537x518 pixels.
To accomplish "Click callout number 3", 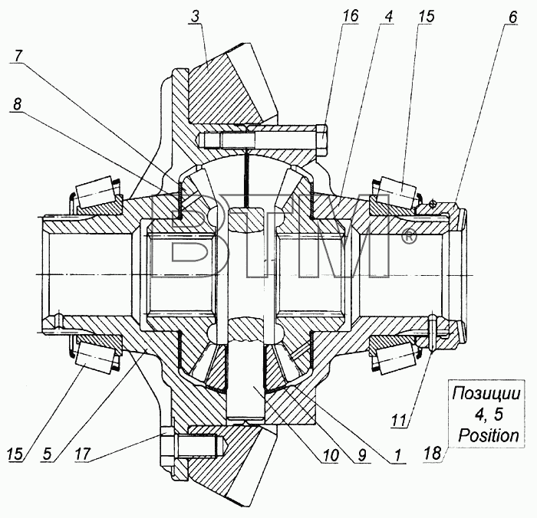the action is (x=195, y=17).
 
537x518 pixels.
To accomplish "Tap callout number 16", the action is (x=350, y=16).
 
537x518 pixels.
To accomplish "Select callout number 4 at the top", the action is (x=387, y=17).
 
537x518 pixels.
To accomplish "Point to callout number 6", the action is (x=512, y=17).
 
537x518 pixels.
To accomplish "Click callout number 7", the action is (x=19, y=56).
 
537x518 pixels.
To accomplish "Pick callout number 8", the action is (x=17, y=104).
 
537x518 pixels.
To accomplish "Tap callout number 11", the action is (x=399, y=420).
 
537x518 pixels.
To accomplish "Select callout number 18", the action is (x=432, y=454).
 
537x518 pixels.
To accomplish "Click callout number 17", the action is (x=83, y=454).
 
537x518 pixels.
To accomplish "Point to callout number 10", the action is (x=330, y=455).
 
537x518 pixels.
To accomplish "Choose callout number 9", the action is (x=361, y=455).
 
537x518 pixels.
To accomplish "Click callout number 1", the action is (x=397, y=455).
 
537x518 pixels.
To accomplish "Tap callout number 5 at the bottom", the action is (x=48, y=454).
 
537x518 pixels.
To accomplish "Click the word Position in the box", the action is (x=489, y=435).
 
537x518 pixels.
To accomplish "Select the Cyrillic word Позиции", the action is (x=486, y=394).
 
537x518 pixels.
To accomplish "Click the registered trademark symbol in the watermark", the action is (x=408, y=237).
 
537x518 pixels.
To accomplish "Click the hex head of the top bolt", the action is (x=321, y=141).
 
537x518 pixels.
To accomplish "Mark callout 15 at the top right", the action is (x=426, y=16).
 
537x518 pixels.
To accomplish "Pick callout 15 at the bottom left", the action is (x=15, y=454).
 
